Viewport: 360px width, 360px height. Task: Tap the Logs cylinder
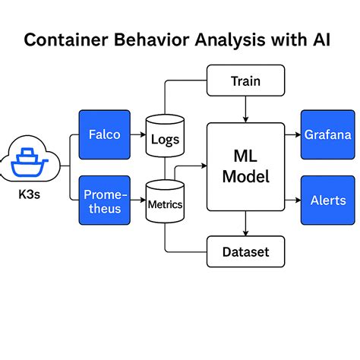[165, 137]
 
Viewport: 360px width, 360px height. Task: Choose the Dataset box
[245, 251]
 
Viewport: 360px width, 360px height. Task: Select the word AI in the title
[323, 40]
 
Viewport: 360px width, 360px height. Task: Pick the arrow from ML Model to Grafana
[292, 135]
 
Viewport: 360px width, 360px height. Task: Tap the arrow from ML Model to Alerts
[292, 201]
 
